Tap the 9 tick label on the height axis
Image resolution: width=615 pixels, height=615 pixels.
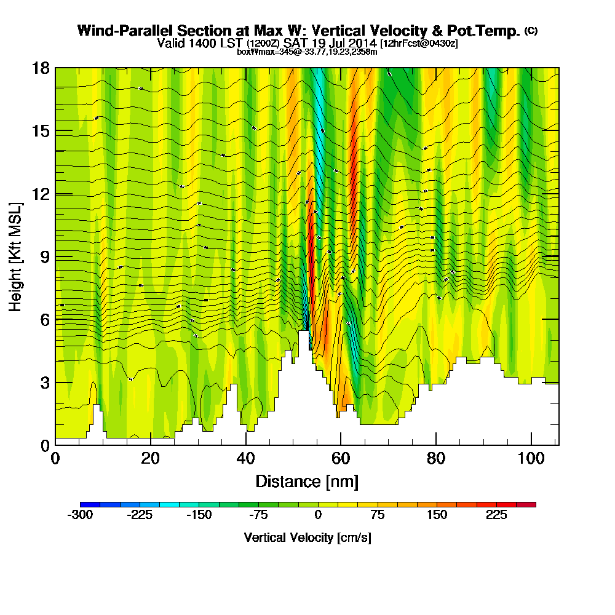click(44, 256)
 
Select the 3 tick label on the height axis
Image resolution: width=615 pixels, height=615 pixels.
click(44, 382)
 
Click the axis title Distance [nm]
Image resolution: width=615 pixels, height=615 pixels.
click(307, 481)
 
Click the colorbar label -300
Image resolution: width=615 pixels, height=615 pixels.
click(80, 515)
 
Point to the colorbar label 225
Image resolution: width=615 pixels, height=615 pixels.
click(496, 515)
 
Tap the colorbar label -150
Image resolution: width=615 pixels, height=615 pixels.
click(199, 515)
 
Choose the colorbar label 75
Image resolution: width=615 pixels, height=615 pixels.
click(378, 515)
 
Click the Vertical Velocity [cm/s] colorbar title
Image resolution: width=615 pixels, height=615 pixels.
click(307, 538)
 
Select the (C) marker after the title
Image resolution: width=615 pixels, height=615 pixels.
click(531, 30)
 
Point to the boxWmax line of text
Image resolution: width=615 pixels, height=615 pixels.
click(307, 52)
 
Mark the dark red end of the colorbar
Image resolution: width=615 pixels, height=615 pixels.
click(531, 504)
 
